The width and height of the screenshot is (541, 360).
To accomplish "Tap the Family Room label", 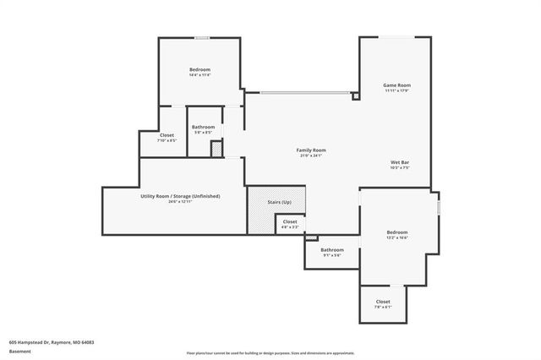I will click(x=311, y=150).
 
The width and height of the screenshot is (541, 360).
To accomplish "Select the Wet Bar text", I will click(x=401, y=162).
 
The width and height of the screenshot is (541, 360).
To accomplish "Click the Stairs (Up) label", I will click(x=281, y=202).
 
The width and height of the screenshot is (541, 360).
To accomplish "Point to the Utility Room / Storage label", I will click(x=181, y=196).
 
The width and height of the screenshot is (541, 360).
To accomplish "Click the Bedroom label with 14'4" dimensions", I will click(x=199, y=69).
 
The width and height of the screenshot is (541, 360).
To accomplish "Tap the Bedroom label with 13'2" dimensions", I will click(x=397, y=232).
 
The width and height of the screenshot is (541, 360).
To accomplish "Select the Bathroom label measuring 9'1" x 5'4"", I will click(x=332, y=249).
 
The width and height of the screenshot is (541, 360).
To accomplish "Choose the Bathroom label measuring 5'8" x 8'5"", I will click(x=203, y=127).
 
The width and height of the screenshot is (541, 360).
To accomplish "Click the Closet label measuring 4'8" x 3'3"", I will click(x=290, y=221).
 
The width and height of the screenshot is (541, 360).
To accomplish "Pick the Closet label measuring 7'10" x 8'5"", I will click(x=167, y=135).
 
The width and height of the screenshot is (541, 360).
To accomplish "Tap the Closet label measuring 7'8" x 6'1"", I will click(x=383, y=302).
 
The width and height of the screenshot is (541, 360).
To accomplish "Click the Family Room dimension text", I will click(x=311, y=156).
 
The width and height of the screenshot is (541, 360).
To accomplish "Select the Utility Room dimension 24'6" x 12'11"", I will click(x=181, y=202).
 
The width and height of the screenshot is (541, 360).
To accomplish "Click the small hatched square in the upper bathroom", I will click(x=216, y=149).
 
